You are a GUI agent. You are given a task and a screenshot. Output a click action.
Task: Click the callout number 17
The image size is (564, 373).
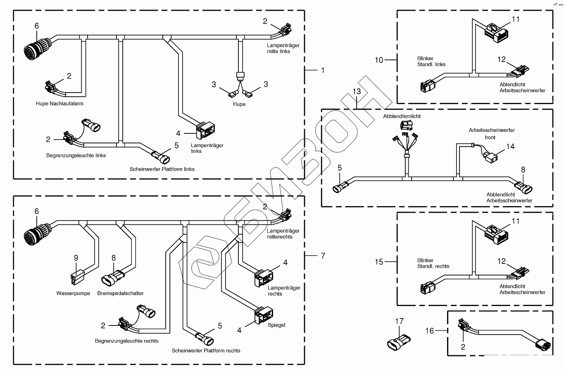point(399,321)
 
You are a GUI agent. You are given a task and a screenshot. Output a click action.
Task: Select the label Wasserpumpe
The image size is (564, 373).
point(73,294)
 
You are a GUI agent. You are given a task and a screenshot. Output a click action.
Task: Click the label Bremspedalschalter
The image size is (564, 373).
point(121,294)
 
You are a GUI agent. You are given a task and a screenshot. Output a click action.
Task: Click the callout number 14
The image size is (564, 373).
point(510,146)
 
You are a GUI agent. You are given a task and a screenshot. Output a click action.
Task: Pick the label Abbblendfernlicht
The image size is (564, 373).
point(402,116)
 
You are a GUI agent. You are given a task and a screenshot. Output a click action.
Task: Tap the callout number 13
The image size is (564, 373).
point(357,91)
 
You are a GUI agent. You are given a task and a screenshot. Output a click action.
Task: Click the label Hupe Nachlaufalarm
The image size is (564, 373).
point(62,104)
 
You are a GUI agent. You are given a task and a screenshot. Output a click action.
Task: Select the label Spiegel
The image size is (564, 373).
point(276,325)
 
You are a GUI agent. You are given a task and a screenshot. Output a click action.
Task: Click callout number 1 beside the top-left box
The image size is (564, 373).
point(323,71)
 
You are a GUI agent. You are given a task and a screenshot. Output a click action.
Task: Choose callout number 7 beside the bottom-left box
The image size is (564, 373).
point(323,256)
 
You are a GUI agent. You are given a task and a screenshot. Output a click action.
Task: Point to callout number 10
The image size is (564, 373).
point(379,60)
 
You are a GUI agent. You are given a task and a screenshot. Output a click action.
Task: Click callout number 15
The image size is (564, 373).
point(379,262)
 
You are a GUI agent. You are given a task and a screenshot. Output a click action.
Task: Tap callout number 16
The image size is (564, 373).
point(430,330)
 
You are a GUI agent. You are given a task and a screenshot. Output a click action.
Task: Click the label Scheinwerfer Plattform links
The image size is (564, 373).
point(162,169)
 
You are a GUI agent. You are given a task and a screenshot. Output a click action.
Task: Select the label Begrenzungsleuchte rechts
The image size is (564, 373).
point(126,341)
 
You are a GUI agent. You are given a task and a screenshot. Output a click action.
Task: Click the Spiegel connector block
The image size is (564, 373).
point(263,315)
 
